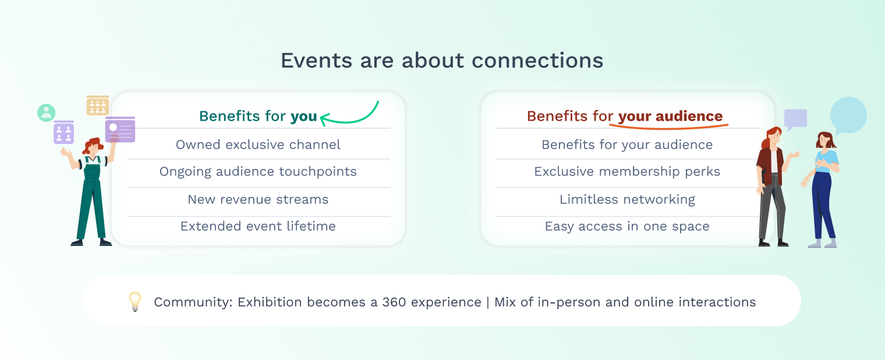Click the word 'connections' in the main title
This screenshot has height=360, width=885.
tap(537, 61)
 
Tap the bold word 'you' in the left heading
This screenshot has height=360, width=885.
tap(303, 116)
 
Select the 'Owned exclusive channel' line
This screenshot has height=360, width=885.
tap(258, 144)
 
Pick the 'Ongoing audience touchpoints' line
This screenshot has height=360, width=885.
tap(258, 171)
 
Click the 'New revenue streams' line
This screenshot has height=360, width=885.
tap(258, 199)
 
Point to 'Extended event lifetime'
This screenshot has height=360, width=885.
tap(258, 226)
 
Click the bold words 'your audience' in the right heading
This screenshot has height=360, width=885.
tap(671, 116)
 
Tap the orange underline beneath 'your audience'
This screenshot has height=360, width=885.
tap(668, 127)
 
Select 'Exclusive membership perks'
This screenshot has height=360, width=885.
tap(627, 171)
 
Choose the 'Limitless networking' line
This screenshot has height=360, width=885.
tap(627, 199)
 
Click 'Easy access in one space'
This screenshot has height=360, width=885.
tap(627, 226)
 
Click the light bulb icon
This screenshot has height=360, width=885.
tap(135, 302)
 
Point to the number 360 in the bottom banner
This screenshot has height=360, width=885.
tap(394, 302)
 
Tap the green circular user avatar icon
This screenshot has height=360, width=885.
tap(46, 112)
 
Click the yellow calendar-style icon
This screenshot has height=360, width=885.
tap(98, 105)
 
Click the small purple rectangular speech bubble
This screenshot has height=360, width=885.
tap(795, 119)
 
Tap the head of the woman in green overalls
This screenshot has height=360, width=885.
tap(93, 146)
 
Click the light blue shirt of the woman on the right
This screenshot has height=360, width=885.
tap(827, 161)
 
